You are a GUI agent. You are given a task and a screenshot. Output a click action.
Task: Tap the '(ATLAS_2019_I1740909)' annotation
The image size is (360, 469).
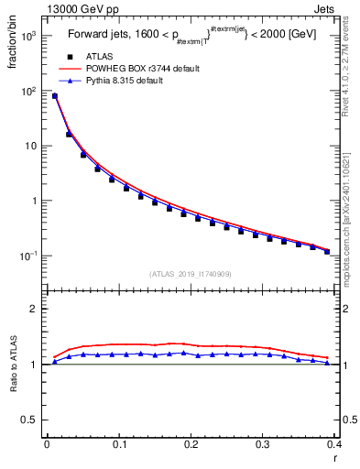coord(191,273)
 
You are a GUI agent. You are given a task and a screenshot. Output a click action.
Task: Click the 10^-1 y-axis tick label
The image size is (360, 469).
coord(30,256)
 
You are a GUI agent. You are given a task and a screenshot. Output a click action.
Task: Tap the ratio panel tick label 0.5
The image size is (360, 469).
coord(30,420)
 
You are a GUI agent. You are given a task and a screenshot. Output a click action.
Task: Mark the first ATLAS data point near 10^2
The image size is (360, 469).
coord(55,96)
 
